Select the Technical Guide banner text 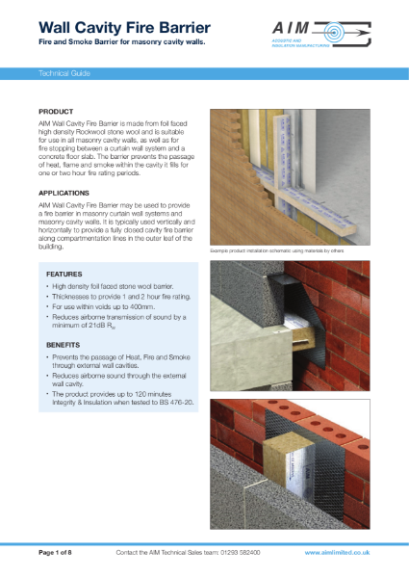coord(64,73)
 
